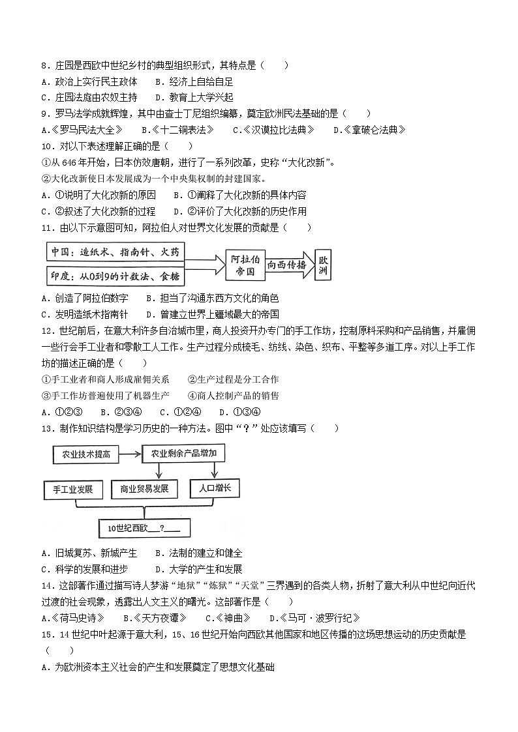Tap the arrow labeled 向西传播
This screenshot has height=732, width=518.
coord(288,265)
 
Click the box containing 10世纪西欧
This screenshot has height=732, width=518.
coord(144,528)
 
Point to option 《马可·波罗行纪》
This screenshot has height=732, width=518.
coord(318,618)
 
